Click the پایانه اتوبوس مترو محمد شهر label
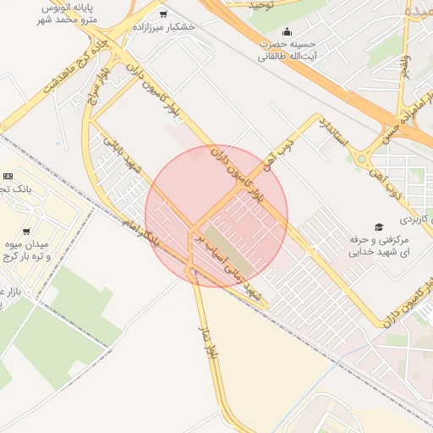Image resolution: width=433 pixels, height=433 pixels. point(63,12)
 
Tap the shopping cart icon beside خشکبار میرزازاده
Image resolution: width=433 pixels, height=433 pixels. point(162,14)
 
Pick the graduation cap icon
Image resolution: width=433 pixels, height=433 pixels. point(378,227)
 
